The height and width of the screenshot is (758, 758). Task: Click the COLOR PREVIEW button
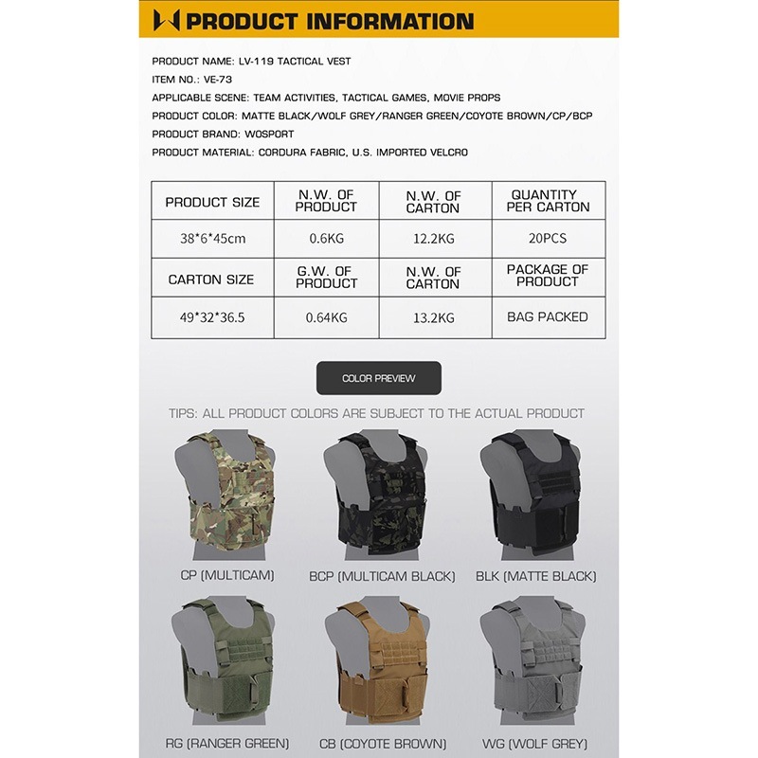pos(378,378)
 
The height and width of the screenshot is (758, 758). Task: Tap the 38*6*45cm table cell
pos(212,239)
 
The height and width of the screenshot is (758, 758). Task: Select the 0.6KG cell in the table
pos(327,239)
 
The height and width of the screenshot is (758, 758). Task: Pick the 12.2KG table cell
pos(434,239)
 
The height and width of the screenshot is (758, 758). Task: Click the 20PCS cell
pos(549,239)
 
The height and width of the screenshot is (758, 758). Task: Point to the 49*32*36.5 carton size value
pos(212,317)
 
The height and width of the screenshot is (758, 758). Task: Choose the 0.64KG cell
pos(327,317)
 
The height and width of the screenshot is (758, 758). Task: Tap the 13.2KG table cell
pos(434,317)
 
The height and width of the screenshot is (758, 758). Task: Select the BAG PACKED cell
pos(548,317)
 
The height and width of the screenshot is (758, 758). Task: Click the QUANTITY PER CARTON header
pos(549,201)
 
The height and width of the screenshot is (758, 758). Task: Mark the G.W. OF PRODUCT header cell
pos(327,278)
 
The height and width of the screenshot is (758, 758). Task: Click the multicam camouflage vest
pos(227,493)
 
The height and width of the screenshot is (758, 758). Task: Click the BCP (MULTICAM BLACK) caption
pos(382,576)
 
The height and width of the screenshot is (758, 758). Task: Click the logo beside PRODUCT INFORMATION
pos(166,20)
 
